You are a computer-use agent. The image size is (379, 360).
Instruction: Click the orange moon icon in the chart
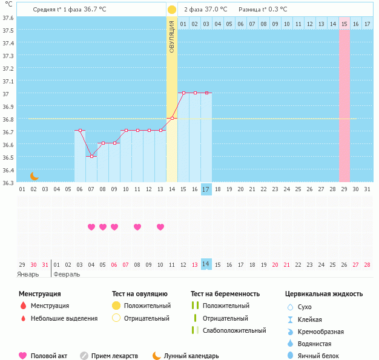(35, 176)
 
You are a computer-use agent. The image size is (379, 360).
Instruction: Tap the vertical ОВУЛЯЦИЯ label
(172, 36)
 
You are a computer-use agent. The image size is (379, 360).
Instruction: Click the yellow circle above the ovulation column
(172, 10)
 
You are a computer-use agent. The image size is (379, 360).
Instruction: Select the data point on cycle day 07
(91, 156)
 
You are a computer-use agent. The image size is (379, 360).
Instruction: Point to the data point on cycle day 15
(183, 93)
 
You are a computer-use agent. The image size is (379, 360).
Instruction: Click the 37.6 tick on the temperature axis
(9, 18)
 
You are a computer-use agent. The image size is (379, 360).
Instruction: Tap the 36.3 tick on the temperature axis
(9, 182)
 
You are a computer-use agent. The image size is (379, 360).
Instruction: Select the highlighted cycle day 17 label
(206, 189)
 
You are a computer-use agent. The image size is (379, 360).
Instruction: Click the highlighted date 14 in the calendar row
(206, 264)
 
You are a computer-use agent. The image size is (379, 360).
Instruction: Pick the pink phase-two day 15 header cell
(344, 24)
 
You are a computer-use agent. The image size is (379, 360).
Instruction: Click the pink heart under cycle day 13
(160, 227)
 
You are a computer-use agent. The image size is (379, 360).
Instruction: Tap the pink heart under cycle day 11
(137, 227)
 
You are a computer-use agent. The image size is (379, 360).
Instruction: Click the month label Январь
(28, 273)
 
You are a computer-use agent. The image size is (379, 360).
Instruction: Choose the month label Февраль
(67, 273)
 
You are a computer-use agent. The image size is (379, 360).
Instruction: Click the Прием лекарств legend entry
(114, 356)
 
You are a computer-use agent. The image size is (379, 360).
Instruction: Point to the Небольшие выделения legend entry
(64, 318)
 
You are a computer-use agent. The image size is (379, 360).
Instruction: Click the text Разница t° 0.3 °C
(263, 10)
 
